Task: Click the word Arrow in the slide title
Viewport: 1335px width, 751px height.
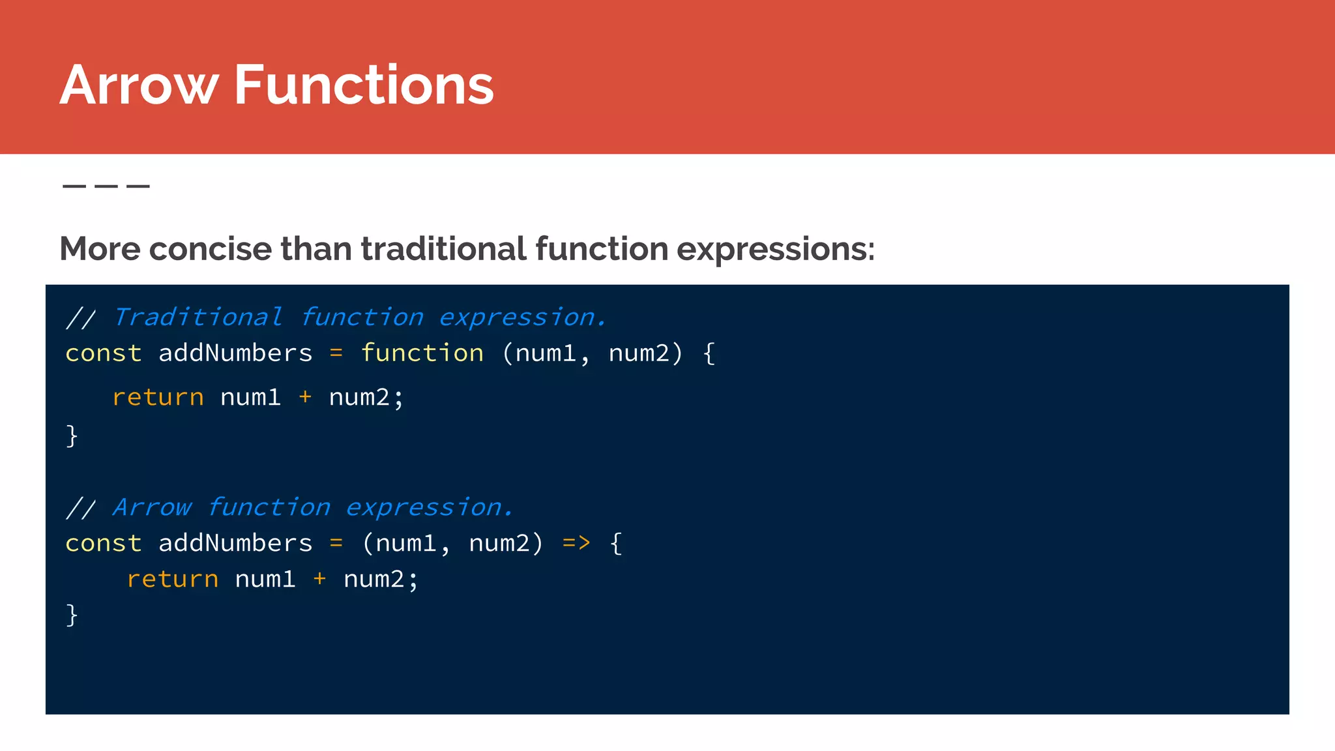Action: pyautogui.click(x=139, y=85)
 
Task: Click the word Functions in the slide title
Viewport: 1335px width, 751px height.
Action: pyautogui.click(x=364, y=85)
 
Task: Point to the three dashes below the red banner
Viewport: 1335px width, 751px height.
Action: pyautogui.click(x=106, y=186)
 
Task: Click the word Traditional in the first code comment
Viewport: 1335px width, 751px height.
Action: pyautogui.click(x=198, y=317)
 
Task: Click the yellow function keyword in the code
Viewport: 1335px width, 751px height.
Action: pyautogui.click(x=422, y=353)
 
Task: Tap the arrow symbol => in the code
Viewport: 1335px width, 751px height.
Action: pyautogui.click(x=576, y=543)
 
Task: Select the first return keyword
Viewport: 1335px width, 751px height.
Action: pyautogui.click(x=158, y=398)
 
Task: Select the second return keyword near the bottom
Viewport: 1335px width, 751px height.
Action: pyautogui.click(x=173, y=580)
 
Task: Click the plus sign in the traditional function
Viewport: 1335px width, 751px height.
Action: pyautogui.click(x=305, y=397)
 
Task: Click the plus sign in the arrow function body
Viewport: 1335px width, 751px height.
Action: pyautogui.click(x=319, y=579)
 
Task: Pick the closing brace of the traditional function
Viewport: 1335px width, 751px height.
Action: pyautogui.click(x=72, y=435)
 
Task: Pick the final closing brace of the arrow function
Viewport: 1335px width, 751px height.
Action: pyautogui.click(x=72, y=615)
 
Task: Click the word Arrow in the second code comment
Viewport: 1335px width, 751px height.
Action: pyautogui.click(x=152, y=508)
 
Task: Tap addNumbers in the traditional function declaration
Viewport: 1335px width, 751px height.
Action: pyautogui.click(x=235, y=353)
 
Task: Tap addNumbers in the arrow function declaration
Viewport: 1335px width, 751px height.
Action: pyautogui.click(x=235, y=543)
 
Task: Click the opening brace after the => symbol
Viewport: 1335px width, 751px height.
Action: pyautogui.click(x=616, y=543)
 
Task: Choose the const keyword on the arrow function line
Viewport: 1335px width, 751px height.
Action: pyautogui.click(x=104, y=543)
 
